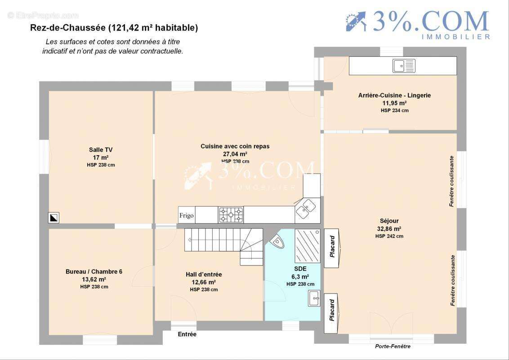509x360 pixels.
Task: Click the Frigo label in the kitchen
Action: click(186, 216)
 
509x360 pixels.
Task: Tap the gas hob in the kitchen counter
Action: click(231, 215)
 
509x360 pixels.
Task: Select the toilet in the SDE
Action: click(277, 241)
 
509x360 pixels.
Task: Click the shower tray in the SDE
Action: click(308, 246)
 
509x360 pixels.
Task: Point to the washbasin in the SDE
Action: click(314, 298)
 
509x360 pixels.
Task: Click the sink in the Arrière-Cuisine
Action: click(404, 66)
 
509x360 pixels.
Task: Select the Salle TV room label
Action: click(101, 150)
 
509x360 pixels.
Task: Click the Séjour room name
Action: click(389, 221)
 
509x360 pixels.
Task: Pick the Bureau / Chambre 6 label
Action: click(94, 272)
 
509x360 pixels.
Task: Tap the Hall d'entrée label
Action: click(204, 274)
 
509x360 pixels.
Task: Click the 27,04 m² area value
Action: click(235, 154)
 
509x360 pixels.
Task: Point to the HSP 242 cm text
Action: click(389, 236)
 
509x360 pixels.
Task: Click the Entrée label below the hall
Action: click(187, 334)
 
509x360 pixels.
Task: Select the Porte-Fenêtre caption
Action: click(393, 346)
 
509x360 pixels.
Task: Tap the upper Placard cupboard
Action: click(332, 248)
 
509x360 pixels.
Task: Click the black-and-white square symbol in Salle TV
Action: click(54, 217)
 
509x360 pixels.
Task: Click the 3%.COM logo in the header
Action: click(417, 24)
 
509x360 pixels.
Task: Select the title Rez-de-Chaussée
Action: click(68, 28)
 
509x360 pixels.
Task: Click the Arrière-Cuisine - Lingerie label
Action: click(394, 95)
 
